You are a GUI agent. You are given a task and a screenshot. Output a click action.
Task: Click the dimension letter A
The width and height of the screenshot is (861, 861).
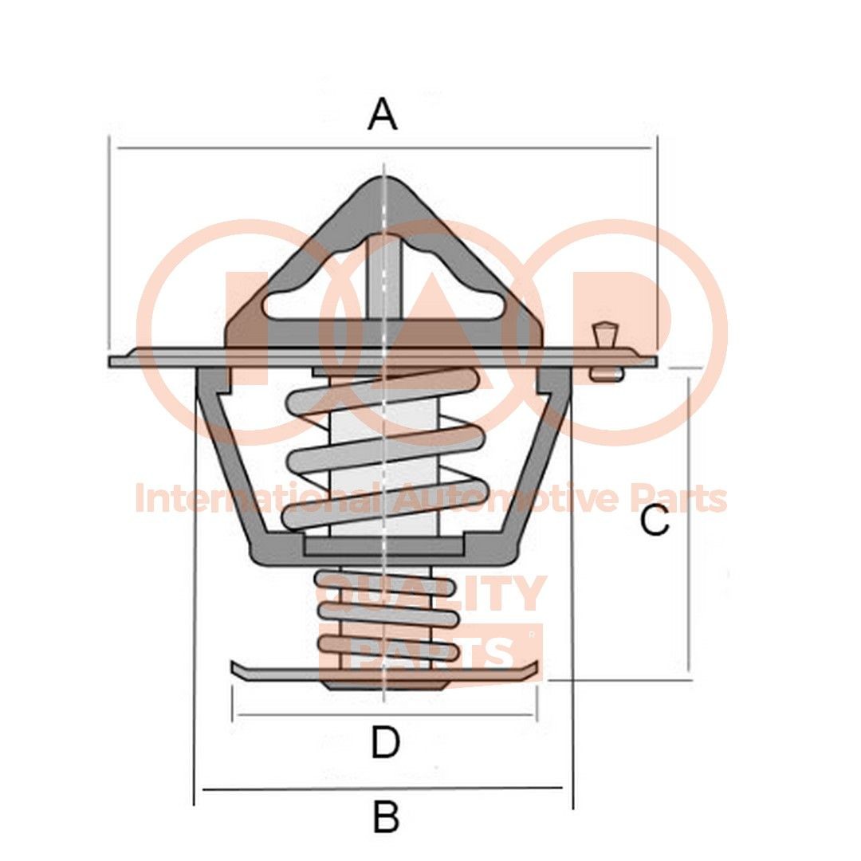click(x=382, y=114)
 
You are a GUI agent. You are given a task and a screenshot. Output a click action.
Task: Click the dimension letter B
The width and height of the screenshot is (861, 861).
click(x=386, y=817)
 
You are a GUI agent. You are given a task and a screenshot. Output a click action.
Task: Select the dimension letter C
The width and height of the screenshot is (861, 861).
click(x=655, y=522)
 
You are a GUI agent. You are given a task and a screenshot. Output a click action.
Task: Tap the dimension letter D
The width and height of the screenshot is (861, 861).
click(x=385, y=743)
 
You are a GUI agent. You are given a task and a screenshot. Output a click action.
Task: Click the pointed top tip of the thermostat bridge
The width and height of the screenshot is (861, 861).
click(x=383, y=181)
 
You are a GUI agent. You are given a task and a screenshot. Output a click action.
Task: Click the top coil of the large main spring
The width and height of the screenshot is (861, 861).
click(x=383, y=387)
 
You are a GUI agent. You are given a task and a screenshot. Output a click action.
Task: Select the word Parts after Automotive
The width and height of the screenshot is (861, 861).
click(x=678, y=499)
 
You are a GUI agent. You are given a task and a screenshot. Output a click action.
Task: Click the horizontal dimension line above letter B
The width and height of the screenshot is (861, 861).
click(x=383, y=788)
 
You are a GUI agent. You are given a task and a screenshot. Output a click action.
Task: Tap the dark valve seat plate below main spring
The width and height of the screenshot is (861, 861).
click(x=385, y=546)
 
